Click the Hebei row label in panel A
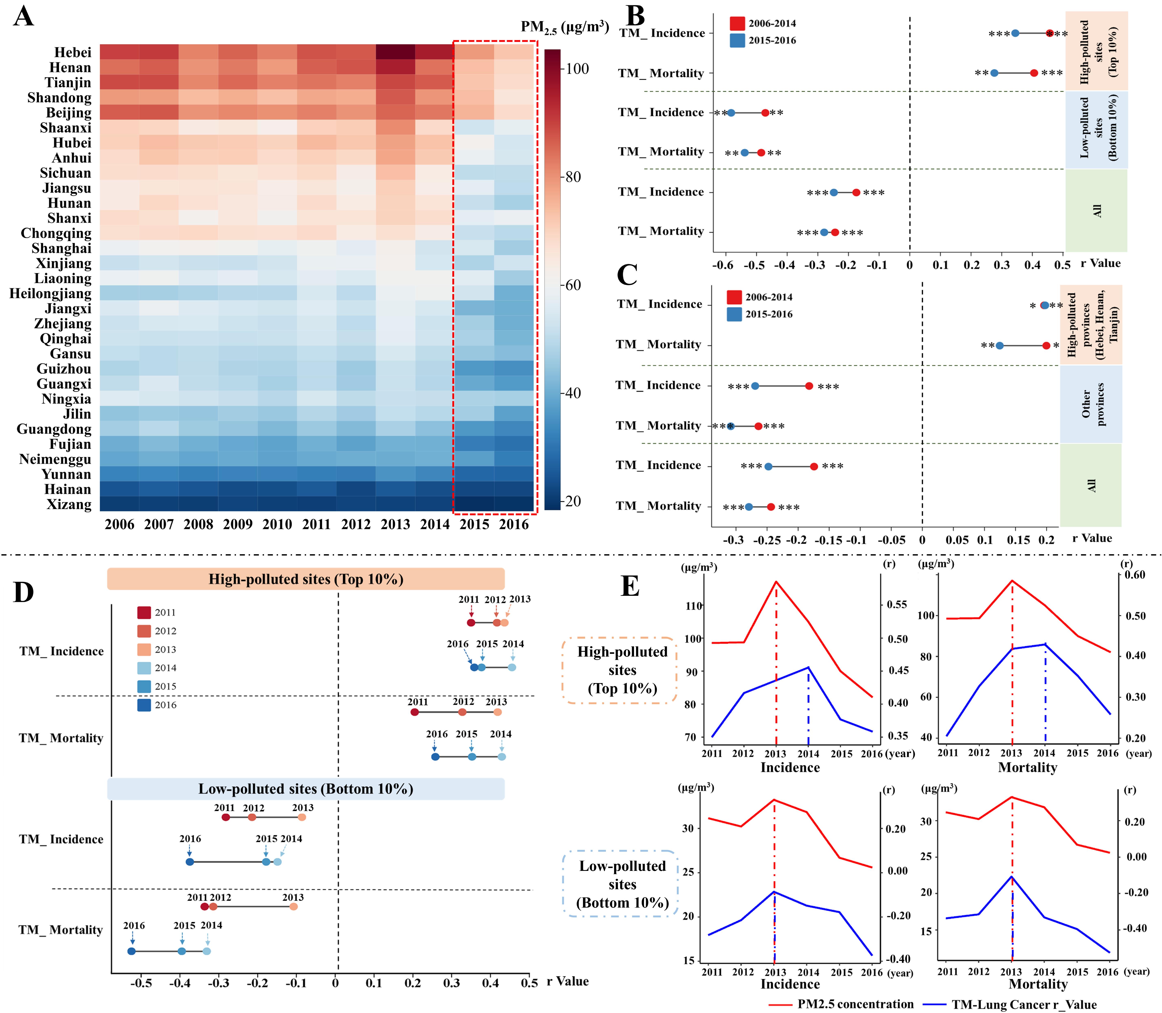point(72,53)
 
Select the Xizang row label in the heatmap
point(69,504)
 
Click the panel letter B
point(636,17)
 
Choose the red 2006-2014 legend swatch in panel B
point(737,23)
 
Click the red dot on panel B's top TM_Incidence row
point(1049,33)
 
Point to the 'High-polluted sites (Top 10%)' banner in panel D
point(306,579)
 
